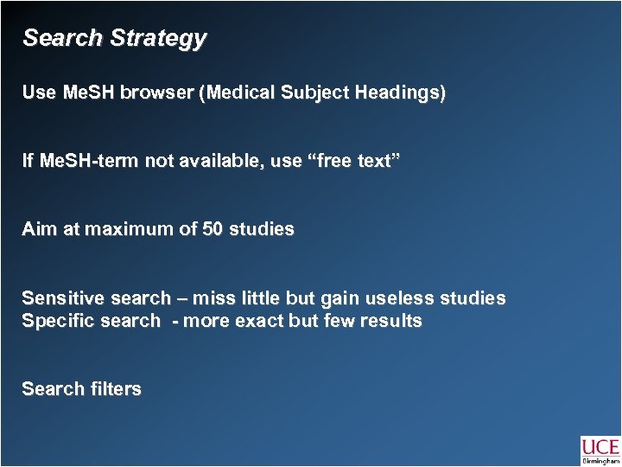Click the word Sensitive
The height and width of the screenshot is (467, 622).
click(58, 298)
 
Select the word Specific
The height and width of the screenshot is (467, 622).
click(54, 321)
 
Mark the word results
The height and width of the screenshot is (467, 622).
click(392, 321)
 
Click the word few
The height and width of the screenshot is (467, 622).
click(333, 321)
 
